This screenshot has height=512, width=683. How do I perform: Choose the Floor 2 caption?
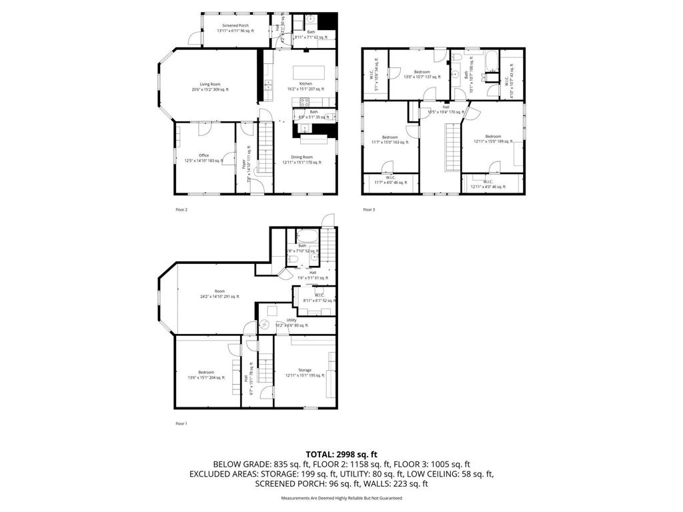click(181, 210)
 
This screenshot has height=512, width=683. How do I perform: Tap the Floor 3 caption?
click(369, 210)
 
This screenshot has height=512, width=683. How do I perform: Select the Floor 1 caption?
click(181, 423)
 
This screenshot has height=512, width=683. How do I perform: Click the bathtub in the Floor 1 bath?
click(309, 236)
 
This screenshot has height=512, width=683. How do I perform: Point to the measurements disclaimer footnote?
click(341, 498)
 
